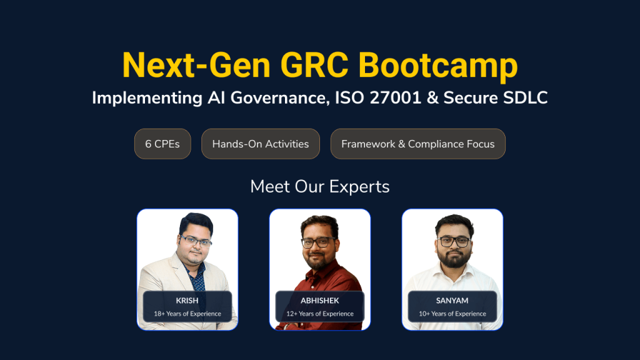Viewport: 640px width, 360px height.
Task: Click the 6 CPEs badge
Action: [x=162, y=144]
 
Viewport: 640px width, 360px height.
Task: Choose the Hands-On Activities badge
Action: [x=261, y=144]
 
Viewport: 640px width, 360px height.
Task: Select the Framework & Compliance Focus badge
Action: [x=417, y=144]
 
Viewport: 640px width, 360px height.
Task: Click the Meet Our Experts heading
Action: [x=320, y=186]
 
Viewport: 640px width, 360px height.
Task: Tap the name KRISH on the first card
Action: [x=187, y=301]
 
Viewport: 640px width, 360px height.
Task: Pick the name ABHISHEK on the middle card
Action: [x=320, y=301]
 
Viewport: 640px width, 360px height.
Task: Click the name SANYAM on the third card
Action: [x=452, y=301]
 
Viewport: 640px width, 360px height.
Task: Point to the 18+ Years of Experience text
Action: [x=187, y=314]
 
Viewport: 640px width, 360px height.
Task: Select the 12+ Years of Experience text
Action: [x=320, y=314]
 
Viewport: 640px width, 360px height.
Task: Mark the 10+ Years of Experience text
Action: [x=452, y=314]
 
